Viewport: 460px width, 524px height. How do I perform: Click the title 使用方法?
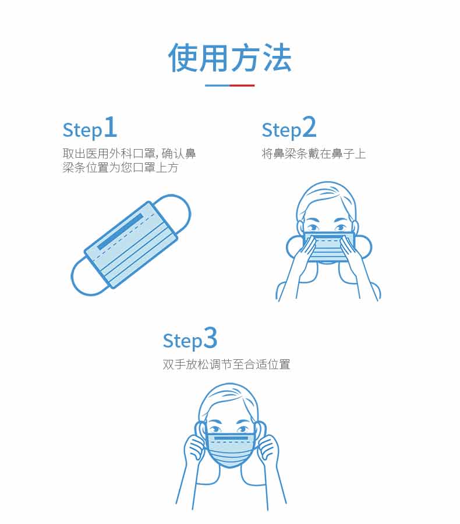[x=229, y=58]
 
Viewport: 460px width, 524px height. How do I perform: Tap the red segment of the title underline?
[x=242, y=86]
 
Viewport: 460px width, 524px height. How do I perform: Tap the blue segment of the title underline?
[x=217, y=86]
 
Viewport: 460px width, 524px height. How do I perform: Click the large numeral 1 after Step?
[x=111, y=127]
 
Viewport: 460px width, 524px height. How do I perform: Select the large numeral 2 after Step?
[x=309, y=127]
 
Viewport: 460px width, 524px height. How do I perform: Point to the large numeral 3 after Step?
[x=210, y=338]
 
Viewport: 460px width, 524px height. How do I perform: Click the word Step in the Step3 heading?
[x=182, y=341]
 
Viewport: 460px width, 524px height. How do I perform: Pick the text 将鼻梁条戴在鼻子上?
[x=314, y=154]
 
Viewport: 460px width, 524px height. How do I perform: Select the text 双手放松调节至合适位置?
[x=227, y=364]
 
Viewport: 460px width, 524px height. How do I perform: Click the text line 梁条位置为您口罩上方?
[x=121, y=168]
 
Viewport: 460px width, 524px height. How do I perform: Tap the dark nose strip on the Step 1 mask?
[x=121, y=231]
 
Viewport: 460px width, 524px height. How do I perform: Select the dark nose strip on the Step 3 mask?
[x=231, y=438]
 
